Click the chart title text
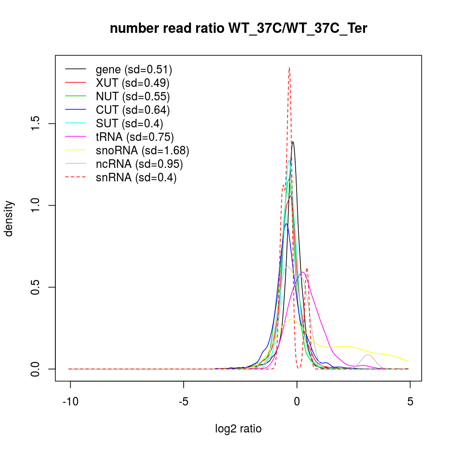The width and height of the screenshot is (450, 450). pos(238,29)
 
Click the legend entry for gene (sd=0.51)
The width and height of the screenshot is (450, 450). pos(134,70)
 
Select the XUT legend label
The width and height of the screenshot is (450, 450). pos(132,83)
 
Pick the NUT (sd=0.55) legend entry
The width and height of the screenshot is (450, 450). pos(133,96)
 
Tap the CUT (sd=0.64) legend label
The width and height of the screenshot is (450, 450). pos(133,110)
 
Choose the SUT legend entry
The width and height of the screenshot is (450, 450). pos(129,123)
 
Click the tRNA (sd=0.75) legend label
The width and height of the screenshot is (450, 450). pos(135,137)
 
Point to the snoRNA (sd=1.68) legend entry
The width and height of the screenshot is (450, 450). pos(142,150)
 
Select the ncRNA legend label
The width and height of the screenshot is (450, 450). pos(139,164)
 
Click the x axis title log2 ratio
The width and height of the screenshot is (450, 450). pos(238,429)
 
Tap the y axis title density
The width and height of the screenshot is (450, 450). pos(9,218)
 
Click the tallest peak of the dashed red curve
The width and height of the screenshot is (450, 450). pos(289,68)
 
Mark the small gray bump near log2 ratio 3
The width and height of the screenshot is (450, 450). pos(369,355)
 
